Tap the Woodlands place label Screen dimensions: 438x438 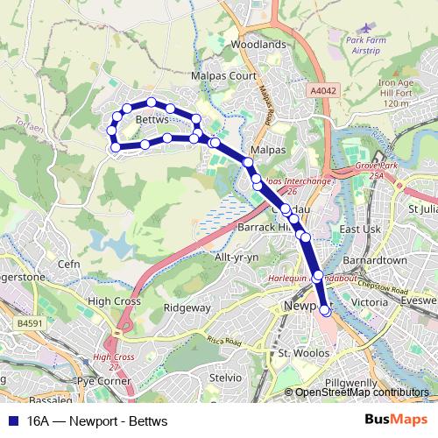[x=258, y=45]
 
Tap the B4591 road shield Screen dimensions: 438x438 [x=29, y=323]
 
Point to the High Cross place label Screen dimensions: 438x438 [x=115, y=300]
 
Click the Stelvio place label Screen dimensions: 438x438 [x=225, y=378]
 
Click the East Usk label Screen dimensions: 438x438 [x=358, y=230]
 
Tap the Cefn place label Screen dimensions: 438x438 [x=69, y=263]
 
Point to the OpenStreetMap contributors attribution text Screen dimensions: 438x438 [x=362, y=392]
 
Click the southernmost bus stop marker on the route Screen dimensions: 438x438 [x=325, y=308]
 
